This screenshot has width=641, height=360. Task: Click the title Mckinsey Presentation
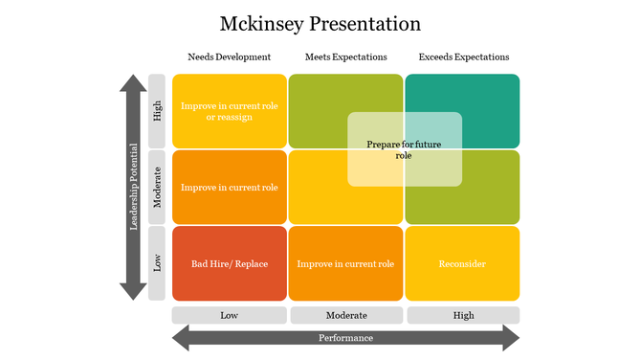pyautogui.click(x=320, y=23)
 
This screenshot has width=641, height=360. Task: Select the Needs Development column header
pyautogui.click(x=229, y=57)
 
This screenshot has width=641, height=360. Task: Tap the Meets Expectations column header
pyautogui.click(x=345, y=57)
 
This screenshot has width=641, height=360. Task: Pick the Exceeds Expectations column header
pyautogui.click(x=463, y=57)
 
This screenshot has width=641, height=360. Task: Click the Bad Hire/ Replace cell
pyautogui.click(x=230, y=263)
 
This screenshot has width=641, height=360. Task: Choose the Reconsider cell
pyautogui.click(x=463, y=263)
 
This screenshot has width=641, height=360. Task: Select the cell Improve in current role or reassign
pyautogui.click(x=230, y=111)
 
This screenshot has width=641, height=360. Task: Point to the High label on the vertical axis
pyautogui.click(x=158, y=111)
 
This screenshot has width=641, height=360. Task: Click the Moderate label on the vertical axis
pyautogui.click(x=158, y=187)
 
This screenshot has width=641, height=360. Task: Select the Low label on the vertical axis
pyautogui.click(x=158, y=263)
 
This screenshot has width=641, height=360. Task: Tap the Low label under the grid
pyautogui.click(x=230, y=315)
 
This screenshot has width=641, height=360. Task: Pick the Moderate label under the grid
pyautogui.click(x=345, y=315)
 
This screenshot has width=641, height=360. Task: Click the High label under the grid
pyautogui.click(x=463, y=315)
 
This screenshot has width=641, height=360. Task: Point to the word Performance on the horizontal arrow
pyautogui.click(x=345, y=338)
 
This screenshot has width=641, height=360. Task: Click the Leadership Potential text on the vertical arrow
pyautogui.click(x=134, y=187)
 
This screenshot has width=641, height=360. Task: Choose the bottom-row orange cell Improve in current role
pyautogui.click(x=345, y=263)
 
